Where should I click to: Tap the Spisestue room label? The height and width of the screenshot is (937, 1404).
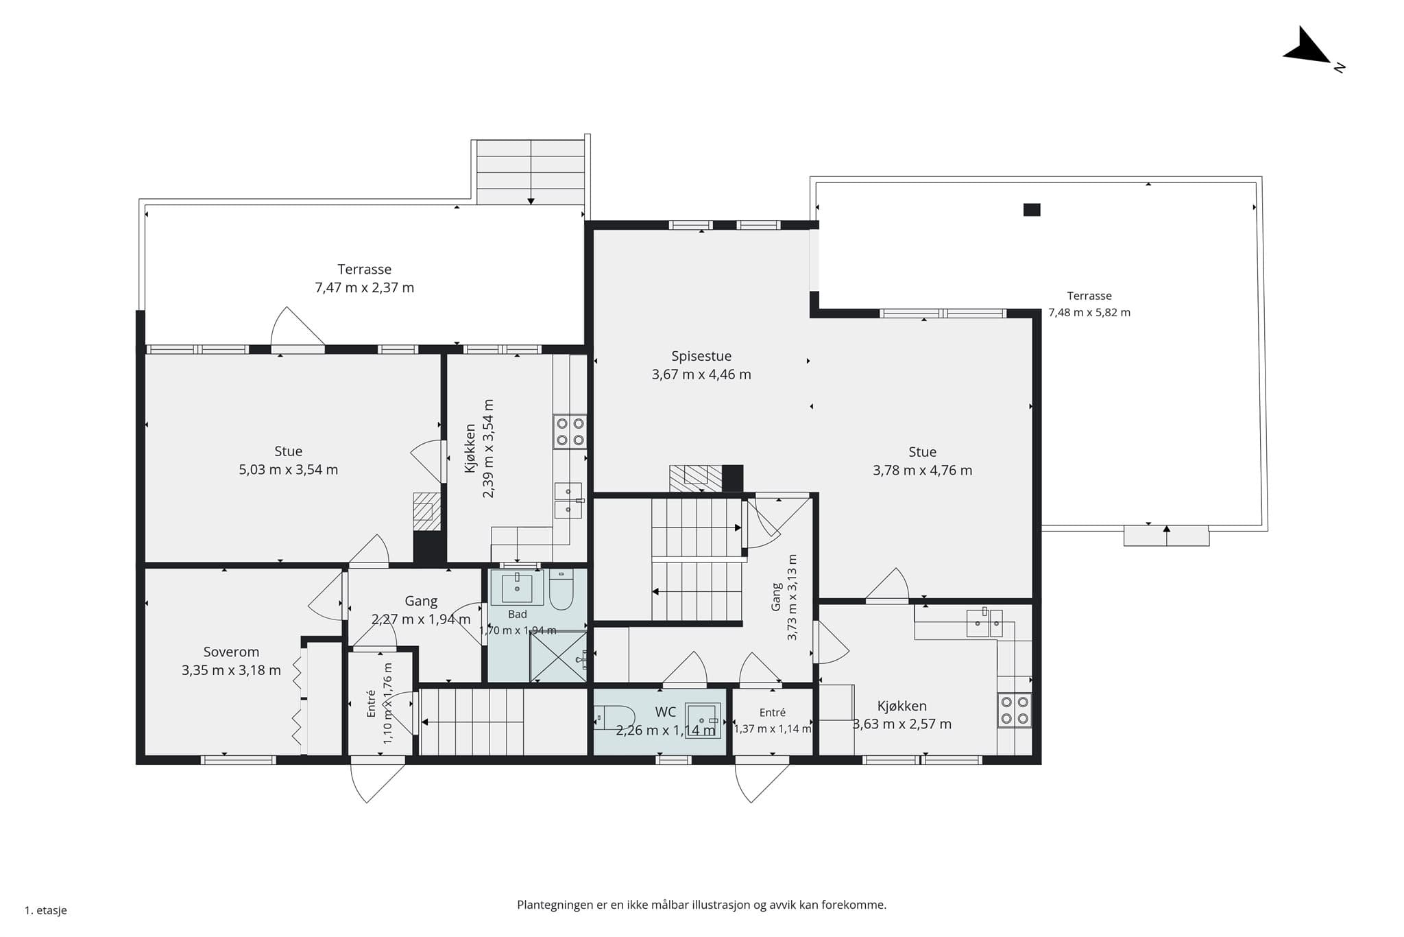coord(701,356)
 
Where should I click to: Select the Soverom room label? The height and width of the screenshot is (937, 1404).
coord(231,652)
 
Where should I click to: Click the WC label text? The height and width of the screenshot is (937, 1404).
coord(665,712)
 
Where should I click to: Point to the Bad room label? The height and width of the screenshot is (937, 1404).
coord(518,614)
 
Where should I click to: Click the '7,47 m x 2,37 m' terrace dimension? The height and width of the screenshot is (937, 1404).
coord(365,287)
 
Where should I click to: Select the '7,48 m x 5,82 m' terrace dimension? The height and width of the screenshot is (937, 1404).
coord(1089,313)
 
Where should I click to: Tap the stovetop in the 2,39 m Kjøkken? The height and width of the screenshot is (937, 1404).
coord(570,431)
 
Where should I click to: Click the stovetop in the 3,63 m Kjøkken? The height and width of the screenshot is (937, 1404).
coord(1015,710)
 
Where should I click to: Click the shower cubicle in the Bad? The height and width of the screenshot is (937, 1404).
coord(559,657)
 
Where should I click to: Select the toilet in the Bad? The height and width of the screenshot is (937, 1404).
coord(561,590)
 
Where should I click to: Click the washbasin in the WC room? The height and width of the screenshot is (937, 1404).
coord(703,720)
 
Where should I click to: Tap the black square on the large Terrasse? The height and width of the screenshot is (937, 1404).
coord(1032,210)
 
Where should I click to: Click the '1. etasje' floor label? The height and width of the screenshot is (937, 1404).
coord(46,910)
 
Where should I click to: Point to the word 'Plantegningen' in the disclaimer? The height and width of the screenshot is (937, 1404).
coord(555,905)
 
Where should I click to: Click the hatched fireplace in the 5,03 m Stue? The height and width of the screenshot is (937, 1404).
coord(426,511)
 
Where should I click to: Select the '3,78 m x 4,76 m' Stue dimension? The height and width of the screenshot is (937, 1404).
coord(922,471)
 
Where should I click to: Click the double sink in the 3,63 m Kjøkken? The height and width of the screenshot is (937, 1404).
coord(984,623)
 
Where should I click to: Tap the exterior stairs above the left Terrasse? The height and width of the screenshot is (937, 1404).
coord(531,172)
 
